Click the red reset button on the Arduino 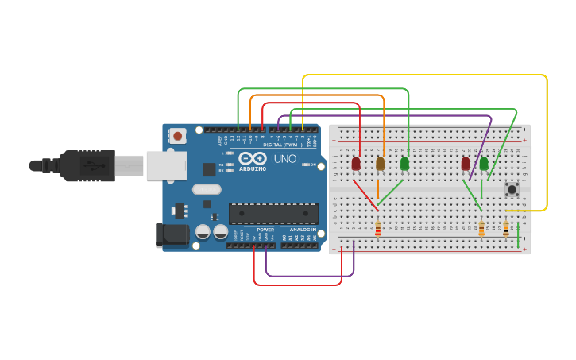177,136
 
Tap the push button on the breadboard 512,189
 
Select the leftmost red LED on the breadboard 356,164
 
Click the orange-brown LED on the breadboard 381,164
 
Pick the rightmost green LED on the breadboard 484,164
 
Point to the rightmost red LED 466,164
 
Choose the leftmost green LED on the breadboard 405,164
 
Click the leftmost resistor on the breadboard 378,229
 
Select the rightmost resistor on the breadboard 506,229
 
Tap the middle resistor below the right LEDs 481,229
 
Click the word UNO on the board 284,160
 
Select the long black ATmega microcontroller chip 273,213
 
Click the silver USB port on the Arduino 166,165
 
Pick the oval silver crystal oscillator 206,189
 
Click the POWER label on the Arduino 265,229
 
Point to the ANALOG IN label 303,229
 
